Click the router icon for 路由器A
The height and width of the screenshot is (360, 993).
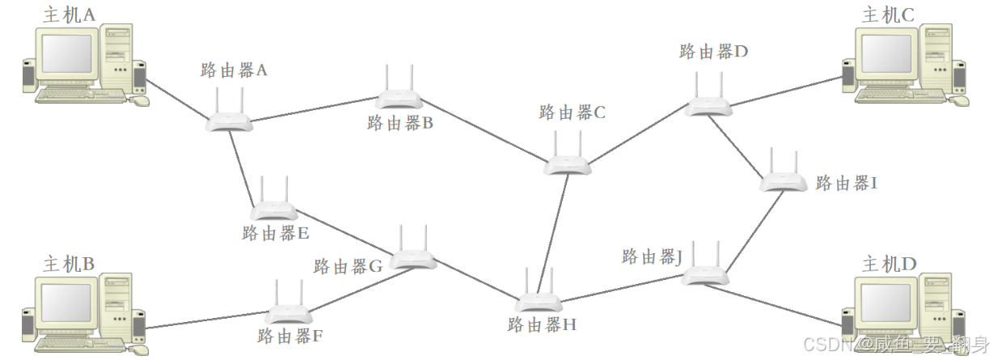230,120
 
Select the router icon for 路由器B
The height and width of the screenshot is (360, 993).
399,99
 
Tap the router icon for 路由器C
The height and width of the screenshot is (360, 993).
567,164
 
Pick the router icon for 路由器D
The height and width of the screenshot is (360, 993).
709,104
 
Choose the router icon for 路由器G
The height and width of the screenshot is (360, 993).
413,259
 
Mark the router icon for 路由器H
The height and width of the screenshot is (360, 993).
539,303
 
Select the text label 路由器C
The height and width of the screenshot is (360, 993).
572,112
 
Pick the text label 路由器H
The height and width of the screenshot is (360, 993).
542,325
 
